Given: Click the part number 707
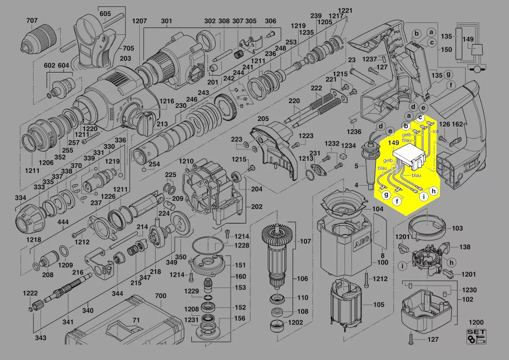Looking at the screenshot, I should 32,21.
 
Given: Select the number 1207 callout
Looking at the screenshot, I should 139,21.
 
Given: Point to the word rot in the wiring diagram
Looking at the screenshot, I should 435,131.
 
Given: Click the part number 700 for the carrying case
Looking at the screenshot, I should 161,296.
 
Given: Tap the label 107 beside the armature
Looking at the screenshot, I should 305,241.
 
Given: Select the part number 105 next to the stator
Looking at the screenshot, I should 378,304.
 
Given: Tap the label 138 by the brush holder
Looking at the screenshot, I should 465,246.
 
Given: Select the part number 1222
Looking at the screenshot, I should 31,293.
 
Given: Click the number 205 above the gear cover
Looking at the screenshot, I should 263,119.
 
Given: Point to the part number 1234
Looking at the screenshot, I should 349,145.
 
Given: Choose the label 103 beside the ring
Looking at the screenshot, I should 457,228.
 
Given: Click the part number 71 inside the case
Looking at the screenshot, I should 136,320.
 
